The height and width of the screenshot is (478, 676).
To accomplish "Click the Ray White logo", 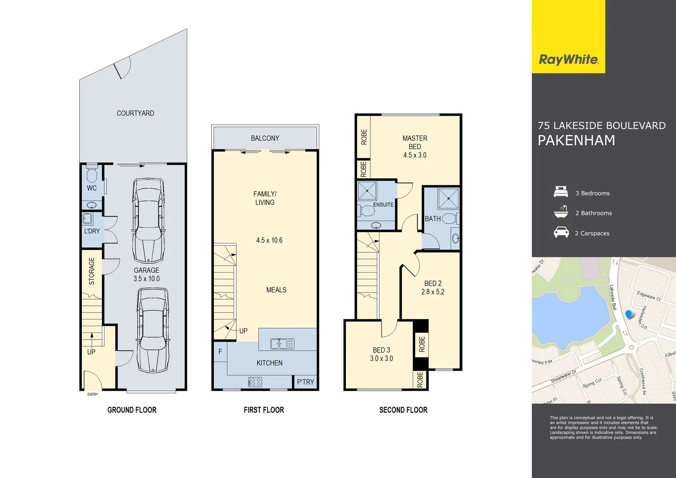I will pyautogui.click(x=568, y=59).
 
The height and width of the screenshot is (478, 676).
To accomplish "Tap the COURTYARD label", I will pyautogui.click(x=135, y=113).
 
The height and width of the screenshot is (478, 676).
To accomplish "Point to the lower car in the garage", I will pyautogui.click(x=153, y=330).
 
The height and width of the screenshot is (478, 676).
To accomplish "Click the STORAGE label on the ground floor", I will pyautogui.click(x=92, y=271).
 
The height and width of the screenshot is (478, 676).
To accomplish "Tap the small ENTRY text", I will pyautogui.click(x=93, y=394).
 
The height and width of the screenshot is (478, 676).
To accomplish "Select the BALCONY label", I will pyautogui.click(x=265, y=138).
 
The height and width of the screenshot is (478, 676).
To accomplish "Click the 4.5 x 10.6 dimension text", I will pyautogui.click(x=269, y=240).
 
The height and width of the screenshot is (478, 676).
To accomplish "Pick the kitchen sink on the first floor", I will pyautogui.click(x=282, y=343).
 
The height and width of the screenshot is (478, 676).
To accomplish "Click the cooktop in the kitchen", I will pyautogui.click(x=255, y=382).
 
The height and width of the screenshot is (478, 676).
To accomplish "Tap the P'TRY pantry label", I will pyautogui.click(x=305, y=382).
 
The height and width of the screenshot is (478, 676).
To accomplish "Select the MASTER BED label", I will pyautogui.click(x=415, y=142).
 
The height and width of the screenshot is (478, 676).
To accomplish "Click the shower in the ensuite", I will pyautogui.click(x=367, y=191).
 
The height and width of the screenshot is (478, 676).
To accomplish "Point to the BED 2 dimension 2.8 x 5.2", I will pyautogui.click(x=433, y=292).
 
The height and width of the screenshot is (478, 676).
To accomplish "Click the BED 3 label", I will pyautogui.click(x=381, y=350).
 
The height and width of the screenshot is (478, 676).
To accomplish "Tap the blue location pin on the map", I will pyautogui.click(x=629, y=314).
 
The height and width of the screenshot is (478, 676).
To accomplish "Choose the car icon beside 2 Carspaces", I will pyautogui.click(x=561, y=232).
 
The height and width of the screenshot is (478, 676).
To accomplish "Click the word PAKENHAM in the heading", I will pyautogui.click(x=576, y=140).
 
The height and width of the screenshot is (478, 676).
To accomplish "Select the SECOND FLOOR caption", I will pyautogui.click(x=403, y=410).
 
